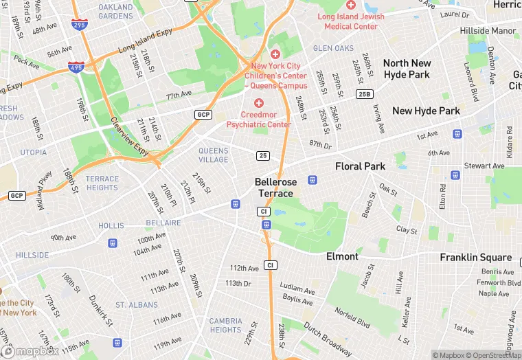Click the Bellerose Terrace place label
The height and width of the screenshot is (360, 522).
pos(275,188)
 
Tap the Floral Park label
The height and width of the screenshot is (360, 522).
pos(360,166)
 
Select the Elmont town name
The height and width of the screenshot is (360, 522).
pos(342,256)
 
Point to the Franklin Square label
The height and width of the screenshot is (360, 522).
pos(475,258)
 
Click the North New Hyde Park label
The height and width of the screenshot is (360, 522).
pos(407,69)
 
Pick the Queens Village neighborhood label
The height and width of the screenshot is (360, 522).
pos(213,155)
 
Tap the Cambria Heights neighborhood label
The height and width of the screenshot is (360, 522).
pos(225,325)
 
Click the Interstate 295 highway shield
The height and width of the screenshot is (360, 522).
pos(78,25)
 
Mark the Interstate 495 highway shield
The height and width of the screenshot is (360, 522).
pos(76,67)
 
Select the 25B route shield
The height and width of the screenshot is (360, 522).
pos(364,93)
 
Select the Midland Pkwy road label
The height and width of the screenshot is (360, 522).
pos(45,185)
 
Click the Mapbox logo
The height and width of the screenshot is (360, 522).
pos(29,351)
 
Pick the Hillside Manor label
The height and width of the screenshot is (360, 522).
pos(488,31)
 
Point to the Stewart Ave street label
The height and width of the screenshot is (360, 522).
pos(484,166)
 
